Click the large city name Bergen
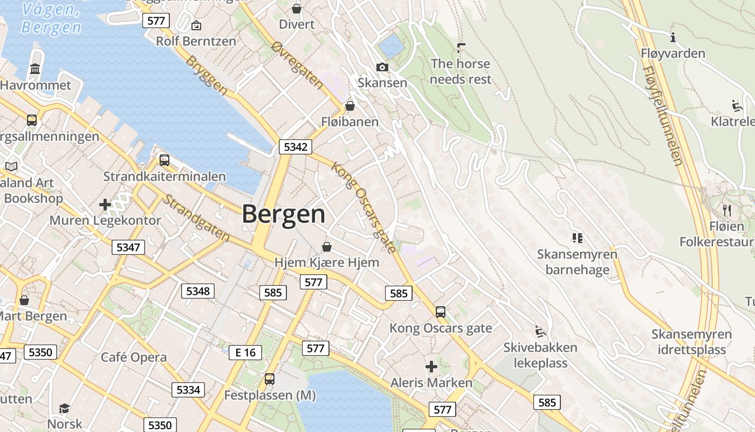[x=284, y=214]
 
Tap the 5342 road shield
[x=296, y=147]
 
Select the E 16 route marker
[x=245, y=353]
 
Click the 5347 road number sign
[x=128, y=247]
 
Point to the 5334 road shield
[x=188, y=389]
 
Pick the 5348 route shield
[x=198, y=291]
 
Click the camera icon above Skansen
[x=382, y=67]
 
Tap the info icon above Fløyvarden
[x=672, y=37]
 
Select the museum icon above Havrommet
[x=36, y=69]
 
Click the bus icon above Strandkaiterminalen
[x=164, y=160]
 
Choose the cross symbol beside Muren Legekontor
[x=105, y=205]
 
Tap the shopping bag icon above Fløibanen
[x=350, y=105]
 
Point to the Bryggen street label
[x=207, y=76]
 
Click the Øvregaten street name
[x=297, y=65]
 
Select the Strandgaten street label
[x=196, y=218]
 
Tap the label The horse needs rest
[x=461, y=71]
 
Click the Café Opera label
[x=134, y=357]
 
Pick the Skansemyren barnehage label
[x=577, y=261]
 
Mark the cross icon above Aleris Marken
[x=431, y=367]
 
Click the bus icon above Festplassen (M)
[x=270, y=379]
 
